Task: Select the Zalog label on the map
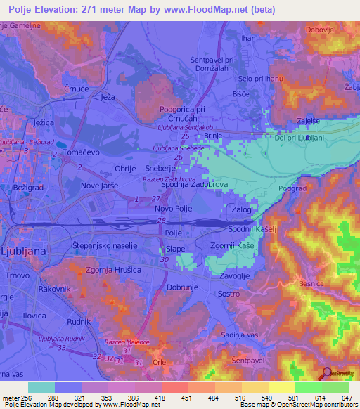pyautogui.click(x=241, y=209)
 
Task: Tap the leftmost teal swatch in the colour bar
pyautogui.click(x=41, y=387)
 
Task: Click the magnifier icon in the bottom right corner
pyautogui.click(x=327, y=374)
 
